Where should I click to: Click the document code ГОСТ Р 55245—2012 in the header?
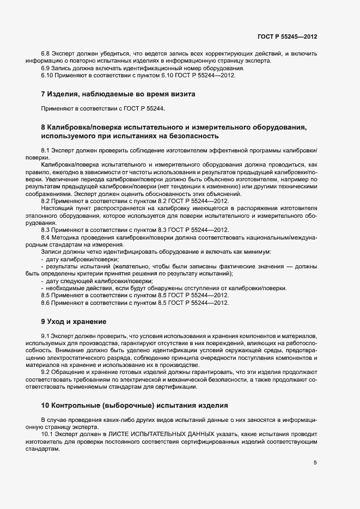click(x=287, y=36)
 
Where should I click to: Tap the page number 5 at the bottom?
click(x=315, y=463)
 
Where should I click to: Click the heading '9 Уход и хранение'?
click(x=74, y=321)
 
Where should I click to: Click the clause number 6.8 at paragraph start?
click(x=46, y=53)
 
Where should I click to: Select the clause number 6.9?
click(x=46, y=68)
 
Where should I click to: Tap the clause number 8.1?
click(x=46, y=150)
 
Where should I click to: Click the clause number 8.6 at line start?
click(x=46, y=302)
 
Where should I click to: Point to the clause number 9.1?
click(x=46, y=338)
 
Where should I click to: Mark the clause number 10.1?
click(x=47, y=434)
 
